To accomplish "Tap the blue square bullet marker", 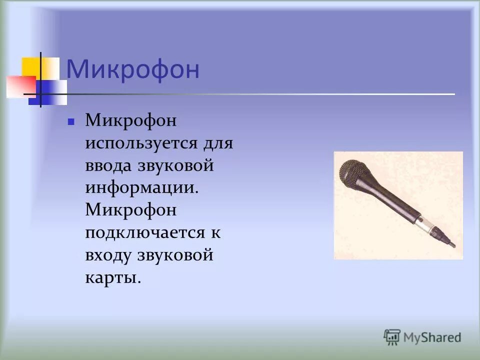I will (71, 121).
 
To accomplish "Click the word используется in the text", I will (142, 143).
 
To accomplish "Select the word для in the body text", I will (218, 143).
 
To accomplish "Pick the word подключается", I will (145, 233).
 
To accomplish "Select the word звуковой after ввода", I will (175, 165).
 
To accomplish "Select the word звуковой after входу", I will (175, 255).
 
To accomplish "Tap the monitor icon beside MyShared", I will (392, 336).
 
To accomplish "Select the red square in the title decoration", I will (20, 86).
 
